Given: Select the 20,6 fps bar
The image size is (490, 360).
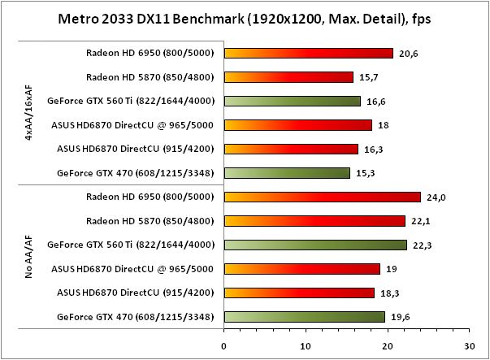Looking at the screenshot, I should [x=308, y=54].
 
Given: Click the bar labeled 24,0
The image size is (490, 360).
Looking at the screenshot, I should [x=322, y=197].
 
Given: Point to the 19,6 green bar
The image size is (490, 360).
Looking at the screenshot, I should [x=304, y=316].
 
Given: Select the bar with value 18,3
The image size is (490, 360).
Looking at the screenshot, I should [x=299, y=293].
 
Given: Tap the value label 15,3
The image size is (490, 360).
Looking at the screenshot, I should [x=364, y=173].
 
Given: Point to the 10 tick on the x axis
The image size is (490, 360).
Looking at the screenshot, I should [x=306, y=345].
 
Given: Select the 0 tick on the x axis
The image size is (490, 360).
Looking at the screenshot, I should [x=224, y=345].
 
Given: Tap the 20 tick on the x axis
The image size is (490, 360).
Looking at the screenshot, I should [x=388, y=345].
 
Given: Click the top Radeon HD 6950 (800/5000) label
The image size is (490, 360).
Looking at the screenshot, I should [x=150, y=54].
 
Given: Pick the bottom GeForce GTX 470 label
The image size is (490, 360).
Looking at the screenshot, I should [x=136, y=316].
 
